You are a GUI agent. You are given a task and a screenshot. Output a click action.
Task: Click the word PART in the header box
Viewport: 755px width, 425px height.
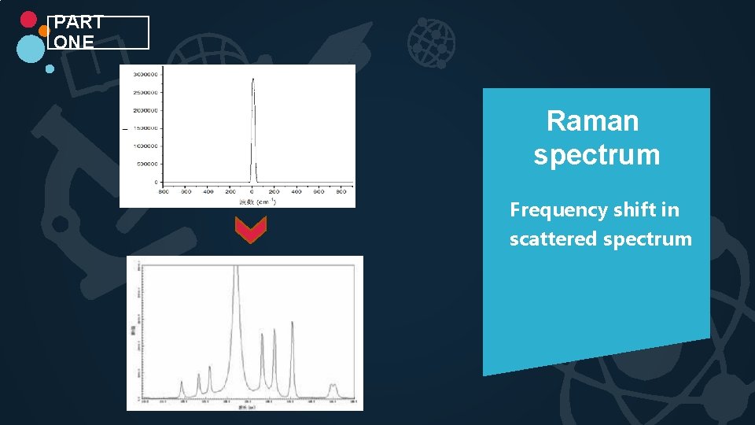point(79,23)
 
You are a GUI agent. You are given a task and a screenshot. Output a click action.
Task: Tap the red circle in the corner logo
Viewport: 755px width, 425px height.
point(28,20)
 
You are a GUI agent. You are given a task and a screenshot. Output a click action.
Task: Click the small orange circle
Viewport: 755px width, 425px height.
point(44,30)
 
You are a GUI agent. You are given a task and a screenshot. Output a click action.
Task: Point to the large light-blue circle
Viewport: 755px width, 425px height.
point(31,49)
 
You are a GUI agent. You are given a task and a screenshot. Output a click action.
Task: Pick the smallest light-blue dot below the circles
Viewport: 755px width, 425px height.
point(50,68)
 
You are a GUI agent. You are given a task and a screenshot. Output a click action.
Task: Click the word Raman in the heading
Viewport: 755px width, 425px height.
point(592,121)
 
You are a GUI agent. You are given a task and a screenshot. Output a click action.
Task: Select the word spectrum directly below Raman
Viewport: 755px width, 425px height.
point(596,154)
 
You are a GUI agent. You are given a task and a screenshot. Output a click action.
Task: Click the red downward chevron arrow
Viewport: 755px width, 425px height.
point(251,230)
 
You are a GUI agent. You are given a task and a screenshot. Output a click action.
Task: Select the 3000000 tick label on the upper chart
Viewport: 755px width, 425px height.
point(144,74)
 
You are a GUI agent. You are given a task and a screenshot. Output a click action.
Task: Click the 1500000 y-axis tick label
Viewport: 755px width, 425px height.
point(144,128)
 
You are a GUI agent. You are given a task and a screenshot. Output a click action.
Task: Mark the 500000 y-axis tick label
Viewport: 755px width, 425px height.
point(145,164)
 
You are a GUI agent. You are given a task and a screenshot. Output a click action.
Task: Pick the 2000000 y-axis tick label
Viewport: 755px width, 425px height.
point(144,110)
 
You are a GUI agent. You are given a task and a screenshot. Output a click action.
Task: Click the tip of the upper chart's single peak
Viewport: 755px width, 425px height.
point(252,79)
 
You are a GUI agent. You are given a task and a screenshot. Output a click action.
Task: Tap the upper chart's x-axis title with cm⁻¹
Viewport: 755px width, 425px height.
point(258,201)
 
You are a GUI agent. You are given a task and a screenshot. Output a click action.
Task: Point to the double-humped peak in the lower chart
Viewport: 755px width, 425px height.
point(333,386)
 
